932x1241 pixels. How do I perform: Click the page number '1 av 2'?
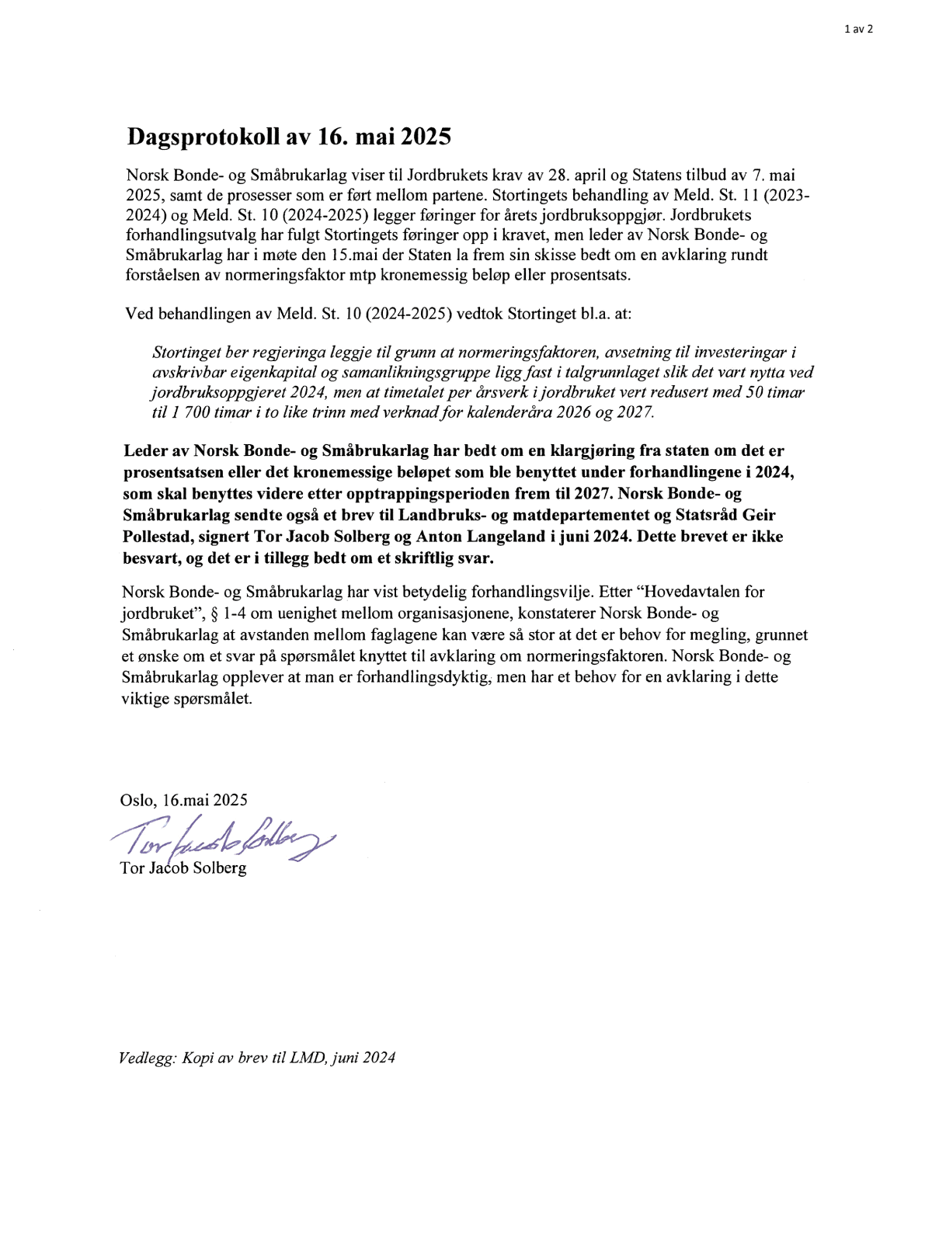858,30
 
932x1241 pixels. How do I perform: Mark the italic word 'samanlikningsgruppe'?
402,372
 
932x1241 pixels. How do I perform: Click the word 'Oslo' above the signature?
137,799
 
